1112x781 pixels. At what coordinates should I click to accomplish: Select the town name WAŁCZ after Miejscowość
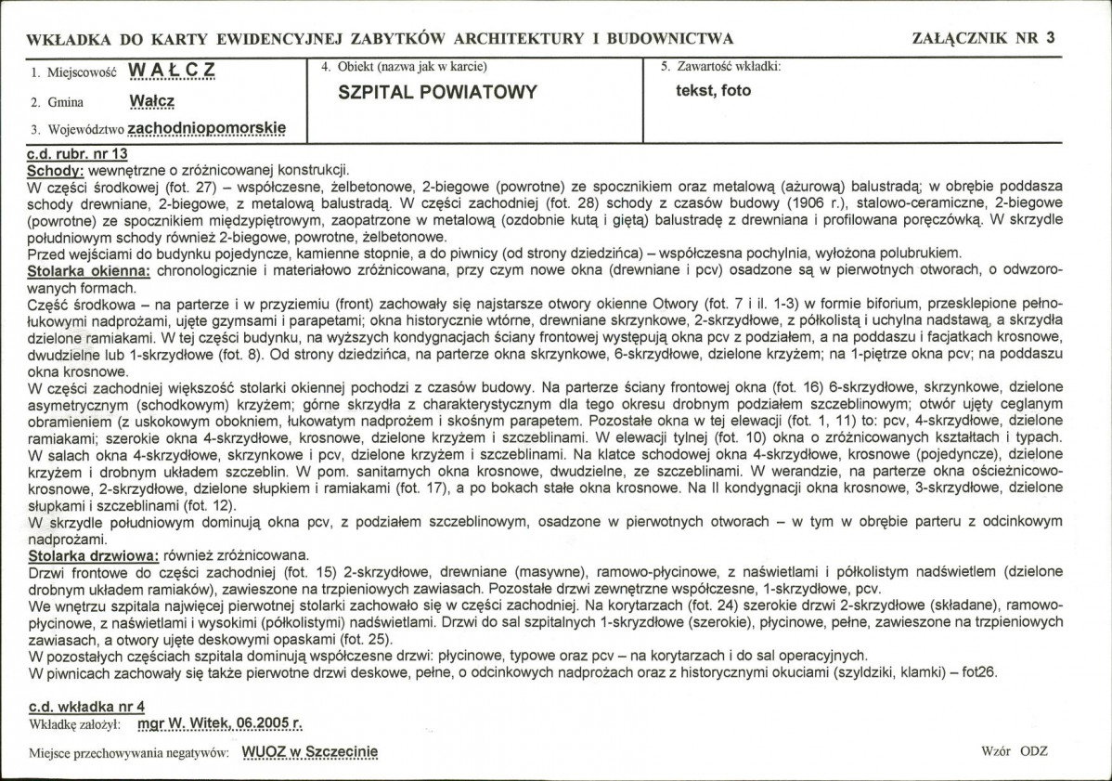[x=174, y=72]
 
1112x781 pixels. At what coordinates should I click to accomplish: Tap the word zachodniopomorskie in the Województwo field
[x=207, y=128]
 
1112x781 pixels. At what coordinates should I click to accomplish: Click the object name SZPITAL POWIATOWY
[x=438, y=92]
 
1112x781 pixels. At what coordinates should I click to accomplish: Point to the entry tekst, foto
[x=714, y=91]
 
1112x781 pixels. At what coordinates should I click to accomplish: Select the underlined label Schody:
[x=56, y=170]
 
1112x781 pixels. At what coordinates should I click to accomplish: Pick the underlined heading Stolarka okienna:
[x=88, y=269]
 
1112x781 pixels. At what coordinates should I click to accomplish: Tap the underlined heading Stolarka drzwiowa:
[x=94, y=555]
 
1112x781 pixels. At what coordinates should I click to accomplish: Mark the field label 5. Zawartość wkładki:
[x=720, y=67]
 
